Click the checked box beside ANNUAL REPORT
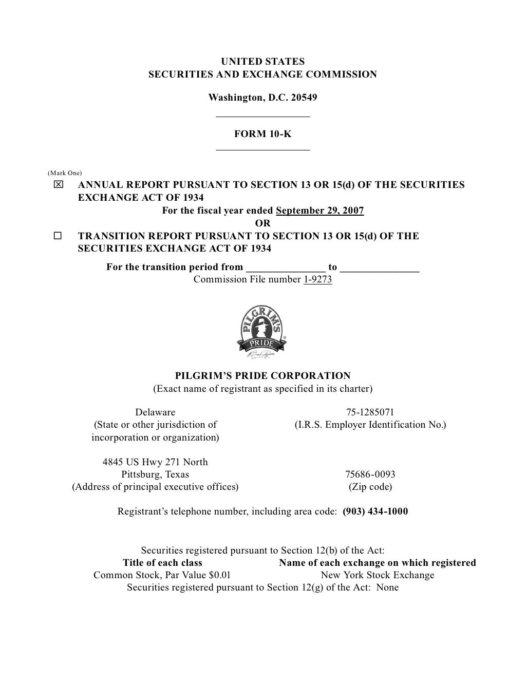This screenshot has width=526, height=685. (58, 185)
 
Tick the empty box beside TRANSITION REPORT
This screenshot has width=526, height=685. (58, 236)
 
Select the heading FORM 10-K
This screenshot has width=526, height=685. (262, 134)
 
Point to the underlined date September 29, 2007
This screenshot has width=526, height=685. (320, 211)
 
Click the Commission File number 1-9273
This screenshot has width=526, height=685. (318, 279)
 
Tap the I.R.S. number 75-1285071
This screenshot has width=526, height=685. (370, 412)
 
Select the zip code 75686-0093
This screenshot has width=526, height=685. (370, 474)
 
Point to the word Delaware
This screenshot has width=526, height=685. (155, 412)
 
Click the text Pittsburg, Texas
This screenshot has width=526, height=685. (155, 474)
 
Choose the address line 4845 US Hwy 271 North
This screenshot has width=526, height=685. (155, 462)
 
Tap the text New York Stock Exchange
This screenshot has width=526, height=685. (378, 575)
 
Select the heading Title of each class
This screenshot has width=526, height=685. (162, 563)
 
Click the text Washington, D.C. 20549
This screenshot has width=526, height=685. (262, 98)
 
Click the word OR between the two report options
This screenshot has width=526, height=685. (262, 223)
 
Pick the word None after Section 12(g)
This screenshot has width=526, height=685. (387, 587)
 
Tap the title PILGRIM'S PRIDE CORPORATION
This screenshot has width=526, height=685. (262, 376)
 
